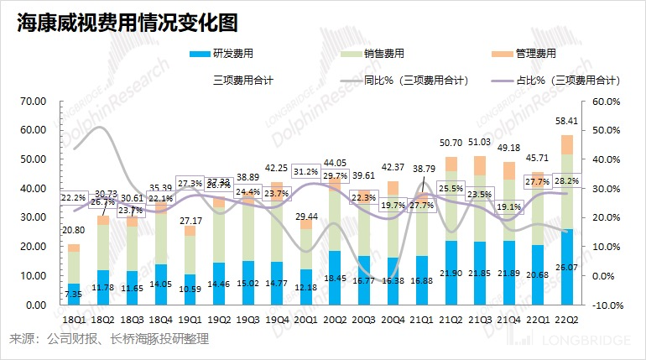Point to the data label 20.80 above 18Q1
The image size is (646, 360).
74,230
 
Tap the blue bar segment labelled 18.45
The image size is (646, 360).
335,278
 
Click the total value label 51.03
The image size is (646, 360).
480,143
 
